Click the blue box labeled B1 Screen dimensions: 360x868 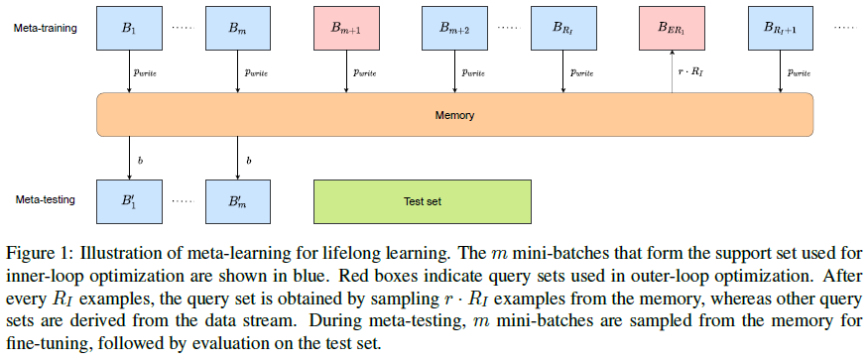point(129,29)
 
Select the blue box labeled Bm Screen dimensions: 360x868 point(238,29)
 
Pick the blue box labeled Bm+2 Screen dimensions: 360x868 point(455,29)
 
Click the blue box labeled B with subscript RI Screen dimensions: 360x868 point(564,29)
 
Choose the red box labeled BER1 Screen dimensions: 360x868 point(673,29)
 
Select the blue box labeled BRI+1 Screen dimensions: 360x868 point(782,29)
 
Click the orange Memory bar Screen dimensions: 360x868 point(454,115)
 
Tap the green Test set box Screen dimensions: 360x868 point(423,201)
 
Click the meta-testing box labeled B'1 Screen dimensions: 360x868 point(129,201)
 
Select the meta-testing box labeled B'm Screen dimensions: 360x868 point(238,201)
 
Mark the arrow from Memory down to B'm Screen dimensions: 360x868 point(238,159)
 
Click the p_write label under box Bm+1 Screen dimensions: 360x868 point(365,73)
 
